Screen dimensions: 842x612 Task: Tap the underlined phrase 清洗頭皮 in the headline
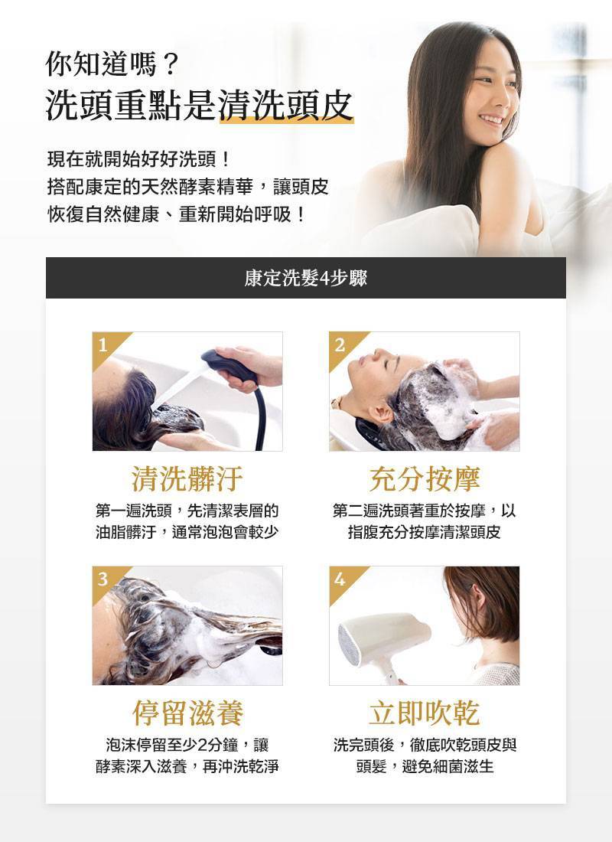pos(286,106)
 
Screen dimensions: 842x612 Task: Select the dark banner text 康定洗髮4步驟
pos(305,278)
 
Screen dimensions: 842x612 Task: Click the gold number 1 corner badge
pos(103,344)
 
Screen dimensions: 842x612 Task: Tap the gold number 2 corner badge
pos(340,344)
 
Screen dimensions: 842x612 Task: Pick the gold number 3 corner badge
pos(103,579)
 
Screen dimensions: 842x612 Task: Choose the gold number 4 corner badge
pos(340,579)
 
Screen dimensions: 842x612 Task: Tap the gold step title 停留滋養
pos(187,713)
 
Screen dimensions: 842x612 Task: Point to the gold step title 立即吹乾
pos(424,713)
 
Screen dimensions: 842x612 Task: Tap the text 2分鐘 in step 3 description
pos(213,744)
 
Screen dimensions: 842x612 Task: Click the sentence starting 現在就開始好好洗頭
pos(138,162)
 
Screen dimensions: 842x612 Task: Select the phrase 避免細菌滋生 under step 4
pos(448,765)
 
